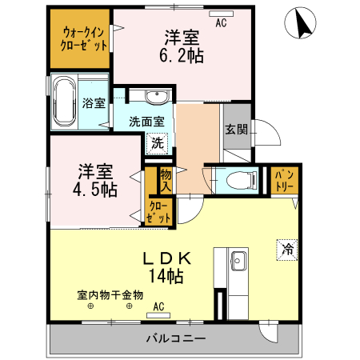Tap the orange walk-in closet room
click(x=84, y=38)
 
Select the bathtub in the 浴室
click(x=65, y=102)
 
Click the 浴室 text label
click(x=94, y=102)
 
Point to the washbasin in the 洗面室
click(x=157, y=98)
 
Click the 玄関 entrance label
click(x=236, y=130)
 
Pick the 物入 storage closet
click(x=166, y=179)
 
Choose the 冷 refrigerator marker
click(x=286, y=249)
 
